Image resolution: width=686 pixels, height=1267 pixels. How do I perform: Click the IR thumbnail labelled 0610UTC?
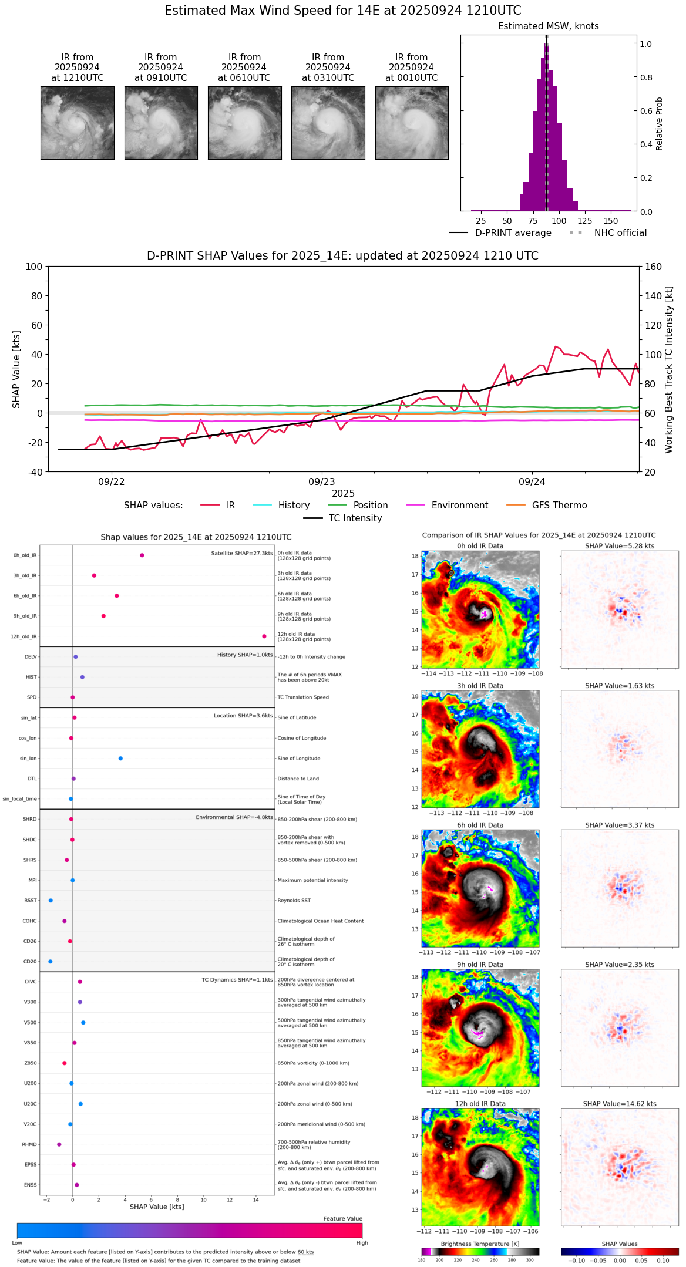244,123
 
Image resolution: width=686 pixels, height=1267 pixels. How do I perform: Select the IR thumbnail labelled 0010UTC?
412,123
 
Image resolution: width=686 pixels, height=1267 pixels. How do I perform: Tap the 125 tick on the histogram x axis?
585,221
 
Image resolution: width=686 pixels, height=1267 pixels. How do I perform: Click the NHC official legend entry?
620,233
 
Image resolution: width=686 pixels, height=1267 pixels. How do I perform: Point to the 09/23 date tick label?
321,482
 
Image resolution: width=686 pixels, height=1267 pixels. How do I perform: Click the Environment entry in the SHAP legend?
459,506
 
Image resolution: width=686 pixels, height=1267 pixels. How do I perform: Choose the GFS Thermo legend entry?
559,506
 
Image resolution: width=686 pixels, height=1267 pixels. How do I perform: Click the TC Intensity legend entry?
355,518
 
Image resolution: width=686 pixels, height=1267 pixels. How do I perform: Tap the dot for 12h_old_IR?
264,636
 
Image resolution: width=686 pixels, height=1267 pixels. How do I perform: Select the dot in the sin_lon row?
120,759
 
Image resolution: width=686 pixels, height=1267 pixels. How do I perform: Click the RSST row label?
30,901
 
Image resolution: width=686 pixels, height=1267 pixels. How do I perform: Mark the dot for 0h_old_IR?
142,555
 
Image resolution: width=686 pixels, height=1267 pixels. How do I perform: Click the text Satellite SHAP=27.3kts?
242,554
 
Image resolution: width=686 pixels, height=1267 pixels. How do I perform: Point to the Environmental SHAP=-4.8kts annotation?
234,817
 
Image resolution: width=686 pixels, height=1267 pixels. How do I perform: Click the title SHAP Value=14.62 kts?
620,1104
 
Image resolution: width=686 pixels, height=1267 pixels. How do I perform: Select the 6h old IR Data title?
480,825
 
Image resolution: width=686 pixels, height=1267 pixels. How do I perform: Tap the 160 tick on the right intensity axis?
654,267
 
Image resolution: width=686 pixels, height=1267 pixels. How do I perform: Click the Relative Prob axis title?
660,124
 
